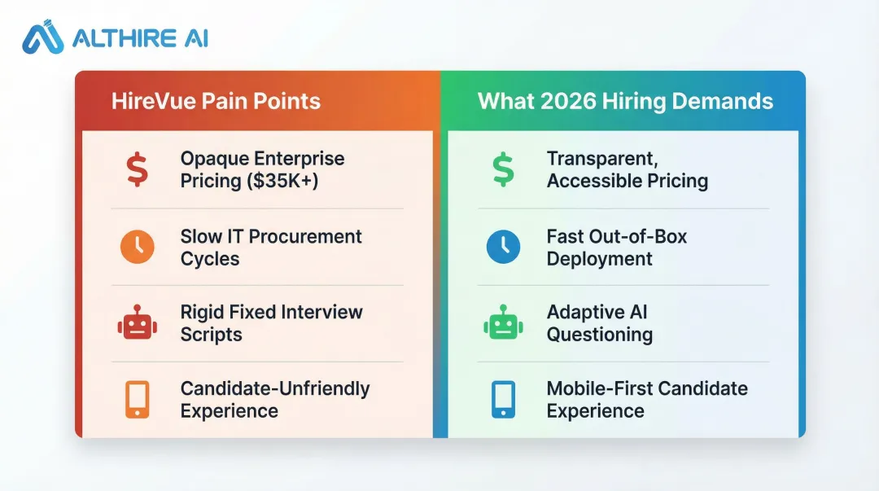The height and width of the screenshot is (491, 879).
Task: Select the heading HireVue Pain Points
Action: point(216,101)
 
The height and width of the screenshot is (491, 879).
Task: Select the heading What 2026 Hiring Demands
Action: point(625,101)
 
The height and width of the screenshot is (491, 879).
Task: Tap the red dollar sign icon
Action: point(137,169)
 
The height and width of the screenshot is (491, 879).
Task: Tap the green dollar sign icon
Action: point(503,169)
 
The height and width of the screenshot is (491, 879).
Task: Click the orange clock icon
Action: point(137,248)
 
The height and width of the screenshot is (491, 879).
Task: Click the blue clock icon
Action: point(503,248)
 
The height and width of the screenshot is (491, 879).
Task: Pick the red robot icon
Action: point(137,323)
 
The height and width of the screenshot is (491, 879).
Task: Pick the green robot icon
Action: point(503,323)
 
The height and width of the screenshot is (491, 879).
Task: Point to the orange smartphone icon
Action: point(137,400)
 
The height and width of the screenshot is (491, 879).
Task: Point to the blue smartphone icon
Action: point(503,400)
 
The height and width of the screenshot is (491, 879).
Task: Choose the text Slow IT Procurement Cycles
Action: point(271,248)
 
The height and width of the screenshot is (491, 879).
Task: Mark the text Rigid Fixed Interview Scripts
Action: point(271,323)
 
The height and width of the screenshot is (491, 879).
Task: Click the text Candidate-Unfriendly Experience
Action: point(274,400)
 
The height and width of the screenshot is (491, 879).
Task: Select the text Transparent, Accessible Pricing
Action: point(627,169)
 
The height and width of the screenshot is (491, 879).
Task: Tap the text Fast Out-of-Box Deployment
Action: point(616,248)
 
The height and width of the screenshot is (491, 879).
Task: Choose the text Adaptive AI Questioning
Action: point(600,323)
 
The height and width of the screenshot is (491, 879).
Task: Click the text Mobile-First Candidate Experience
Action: point(646,400)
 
